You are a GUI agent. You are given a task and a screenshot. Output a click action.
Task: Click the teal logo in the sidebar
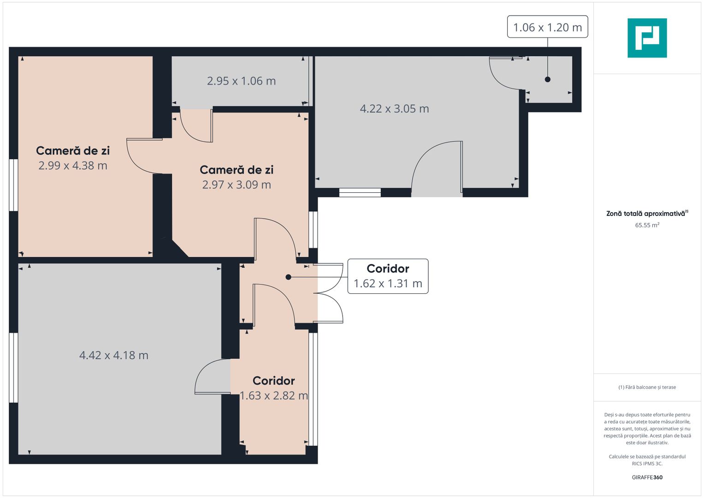click(x=647, y=38)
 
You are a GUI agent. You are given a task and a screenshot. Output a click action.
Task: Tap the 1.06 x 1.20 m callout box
click(x=548, y=27)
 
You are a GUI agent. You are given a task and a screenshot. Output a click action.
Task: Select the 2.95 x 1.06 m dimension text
click(x=242, y=81)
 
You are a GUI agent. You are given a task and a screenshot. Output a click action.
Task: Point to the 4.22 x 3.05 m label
click(x=395, y=109)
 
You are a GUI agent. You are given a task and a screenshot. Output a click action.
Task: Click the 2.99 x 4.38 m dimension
click(x=73, y=166)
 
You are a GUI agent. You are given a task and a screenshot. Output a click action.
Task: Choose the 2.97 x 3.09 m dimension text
click(x=237, y=184)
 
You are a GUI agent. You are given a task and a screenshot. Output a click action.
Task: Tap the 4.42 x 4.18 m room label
click(x=114, y=355)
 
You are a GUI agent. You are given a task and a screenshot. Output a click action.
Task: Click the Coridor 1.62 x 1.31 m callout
click(x=388, y=276)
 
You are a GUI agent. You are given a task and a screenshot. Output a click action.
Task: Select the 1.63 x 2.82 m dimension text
click(x=274, y=396)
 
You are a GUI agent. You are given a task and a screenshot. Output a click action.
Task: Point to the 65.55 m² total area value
click(x=647, y=225)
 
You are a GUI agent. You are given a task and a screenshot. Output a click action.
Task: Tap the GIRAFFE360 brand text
click(x=647, y=477)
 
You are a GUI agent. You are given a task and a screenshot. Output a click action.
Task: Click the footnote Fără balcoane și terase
click(x=647, y=387)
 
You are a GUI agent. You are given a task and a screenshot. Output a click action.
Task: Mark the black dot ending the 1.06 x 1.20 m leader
click(x=548, y=79)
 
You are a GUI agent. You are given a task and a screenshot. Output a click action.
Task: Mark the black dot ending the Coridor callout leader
click(x=288, y=277)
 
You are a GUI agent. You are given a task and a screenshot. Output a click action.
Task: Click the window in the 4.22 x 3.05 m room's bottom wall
click(x=360, y=192)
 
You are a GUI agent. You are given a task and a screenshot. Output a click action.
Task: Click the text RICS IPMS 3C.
click(x=647, y=463)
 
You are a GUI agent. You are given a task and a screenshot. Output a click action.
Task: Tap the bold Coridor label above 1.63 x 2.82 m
click(x=274, y=381)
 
